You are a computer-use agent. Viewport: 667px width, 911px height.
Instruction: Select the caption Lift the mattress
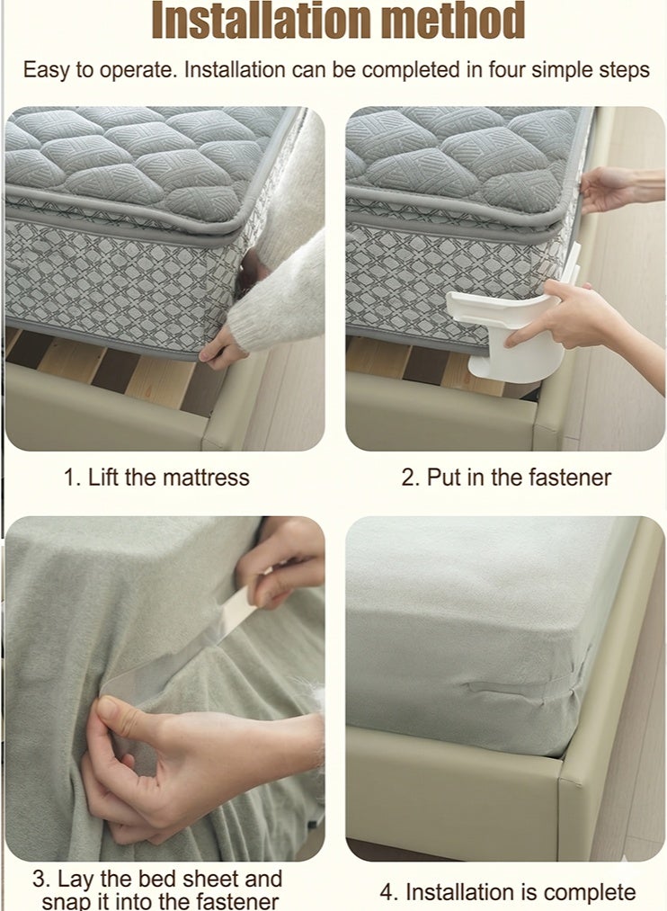tap(156, 478)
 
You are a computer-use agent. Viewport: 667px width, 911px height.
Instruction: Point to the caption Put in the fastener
tap(505, 478)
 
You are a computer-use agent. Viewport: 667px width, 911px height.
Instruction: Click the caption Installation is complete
tap(508, 892)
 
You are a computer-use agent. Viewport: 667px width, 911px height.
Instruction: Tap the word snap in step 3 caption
tap(65, 901)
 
